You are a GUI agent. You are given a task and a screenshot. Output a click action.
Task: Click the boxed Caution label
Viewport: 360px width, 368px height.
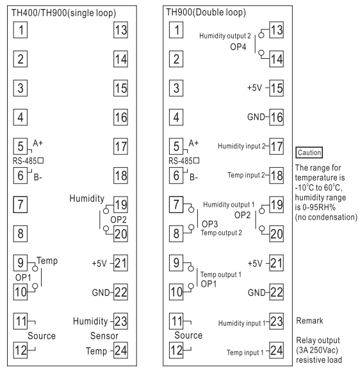[309, 152]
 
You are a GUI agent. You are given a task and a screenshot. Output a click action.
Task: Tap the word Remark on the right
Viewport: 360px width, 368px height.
[309, 321]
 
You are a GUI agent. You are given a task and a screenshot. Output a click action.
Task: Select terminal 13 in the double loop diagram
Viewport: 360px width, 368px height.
[276, 30]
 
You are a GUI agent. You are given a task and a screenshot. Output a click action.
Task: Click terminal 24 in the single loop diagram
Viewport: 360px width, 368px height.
[120, 350]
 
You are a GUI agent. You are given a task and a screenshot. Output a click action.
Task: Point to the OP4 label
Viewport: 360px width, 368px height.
[238, 47]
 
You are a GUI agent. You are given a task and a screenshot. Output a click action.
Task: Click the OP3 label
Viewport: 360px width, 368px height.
[209, 224]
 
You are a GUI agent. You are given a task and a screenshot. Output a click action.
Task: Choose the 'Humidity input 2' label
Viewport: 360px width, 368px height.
[241, 146]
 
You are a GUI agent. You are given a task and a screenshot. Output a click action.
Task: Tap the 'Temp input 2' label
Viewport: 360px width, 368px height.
[246, 175]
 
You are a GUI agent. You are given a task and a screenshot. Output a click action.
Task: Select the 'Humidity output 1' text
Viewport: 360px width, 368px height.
[229, 205]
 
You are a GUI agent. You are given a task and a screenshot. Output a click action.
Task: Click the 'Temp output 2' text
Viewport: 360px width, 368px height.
[221, 233]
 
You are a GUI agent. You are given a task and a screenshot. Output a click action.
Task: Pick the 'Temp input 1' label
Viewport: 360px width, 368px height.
[245, 353]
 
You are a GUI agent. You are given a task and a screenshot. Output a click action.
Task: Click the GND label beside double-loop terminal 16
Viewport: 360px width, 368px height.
[256, 117]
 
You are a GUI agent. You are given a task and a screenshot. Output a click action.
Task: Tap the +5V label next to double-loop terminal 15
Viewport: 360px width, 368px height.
[254, 88]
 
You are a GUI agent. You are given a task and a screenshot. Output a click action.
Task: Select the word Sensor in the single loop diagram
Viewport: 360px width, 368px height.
[104, 336]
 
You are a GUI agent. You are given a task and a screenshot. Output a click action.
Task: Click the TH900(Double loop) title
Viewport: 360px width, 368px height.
[206, 12]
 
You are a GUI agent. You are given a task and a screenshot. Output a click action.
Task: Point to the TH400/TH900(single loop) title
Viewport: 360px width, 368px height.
[63, 13]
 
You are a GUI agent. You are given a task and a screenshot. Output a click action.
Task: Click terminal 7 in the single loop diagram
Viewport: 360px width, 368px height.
[20, 205]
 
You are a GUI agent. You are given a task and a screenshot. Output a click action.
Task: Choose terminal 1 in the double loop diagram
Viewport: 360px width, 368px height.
[176, 30]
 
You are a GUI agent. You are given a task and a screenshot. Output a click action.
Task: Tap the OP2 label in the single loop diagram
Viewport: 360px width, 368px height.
[119, 220]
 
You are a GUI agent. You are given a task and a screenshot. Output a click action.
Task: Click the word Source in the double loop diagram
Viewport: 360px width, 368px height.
[188, 335]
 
